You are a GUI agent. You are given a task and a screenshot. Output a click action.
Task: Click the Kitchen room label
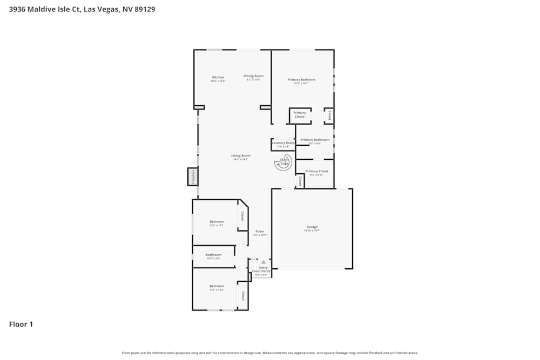[x=218, y=78]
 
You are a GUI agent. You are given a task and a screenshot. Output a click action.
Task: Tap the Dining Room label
[x=253, y=76]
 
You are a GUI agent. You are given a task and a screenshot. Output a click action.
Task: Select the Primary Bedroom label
[x=301, y=80]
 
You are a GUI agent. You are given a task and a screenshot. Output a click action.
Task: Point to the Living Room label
[x=241, y=156]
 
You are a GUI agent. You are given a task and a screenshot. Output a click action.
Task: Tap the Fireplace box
[x=193, y=176]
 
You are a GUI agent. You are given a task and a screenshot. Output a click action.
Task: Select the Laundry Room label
[x=283, y=143]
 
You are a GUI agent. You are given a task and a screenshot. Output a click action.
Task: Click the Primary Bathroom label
[x=315, y=140]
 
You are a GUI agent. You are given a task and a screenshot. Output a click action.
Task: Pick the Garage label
[x=312, y=227]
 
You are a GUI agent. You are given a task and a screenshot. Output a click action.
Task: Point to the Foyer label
[x=260, y=232]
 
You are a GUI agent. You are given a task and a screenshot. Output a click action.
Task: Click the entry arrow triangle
[x=264, y=262]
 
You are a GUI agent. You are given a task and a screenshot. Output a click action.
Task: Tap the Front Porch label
[x=261, y=271]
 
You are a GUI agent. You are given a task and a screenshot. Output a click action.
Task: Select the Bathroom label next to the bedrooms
[x=213, y=255]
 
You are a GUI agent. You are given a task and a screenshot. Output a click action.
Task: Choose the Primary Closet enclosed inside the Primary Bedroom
[x=300, y=115]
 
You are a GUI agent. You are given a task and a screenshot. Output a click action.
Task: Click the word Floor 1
[x=21, y=324]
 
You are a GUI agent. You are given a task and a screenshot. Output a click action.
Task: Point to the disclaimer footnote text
[x=269, y=353]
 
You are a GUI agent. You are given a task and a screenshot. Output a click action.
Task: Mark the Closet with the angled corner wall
[x=242, y=216]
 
